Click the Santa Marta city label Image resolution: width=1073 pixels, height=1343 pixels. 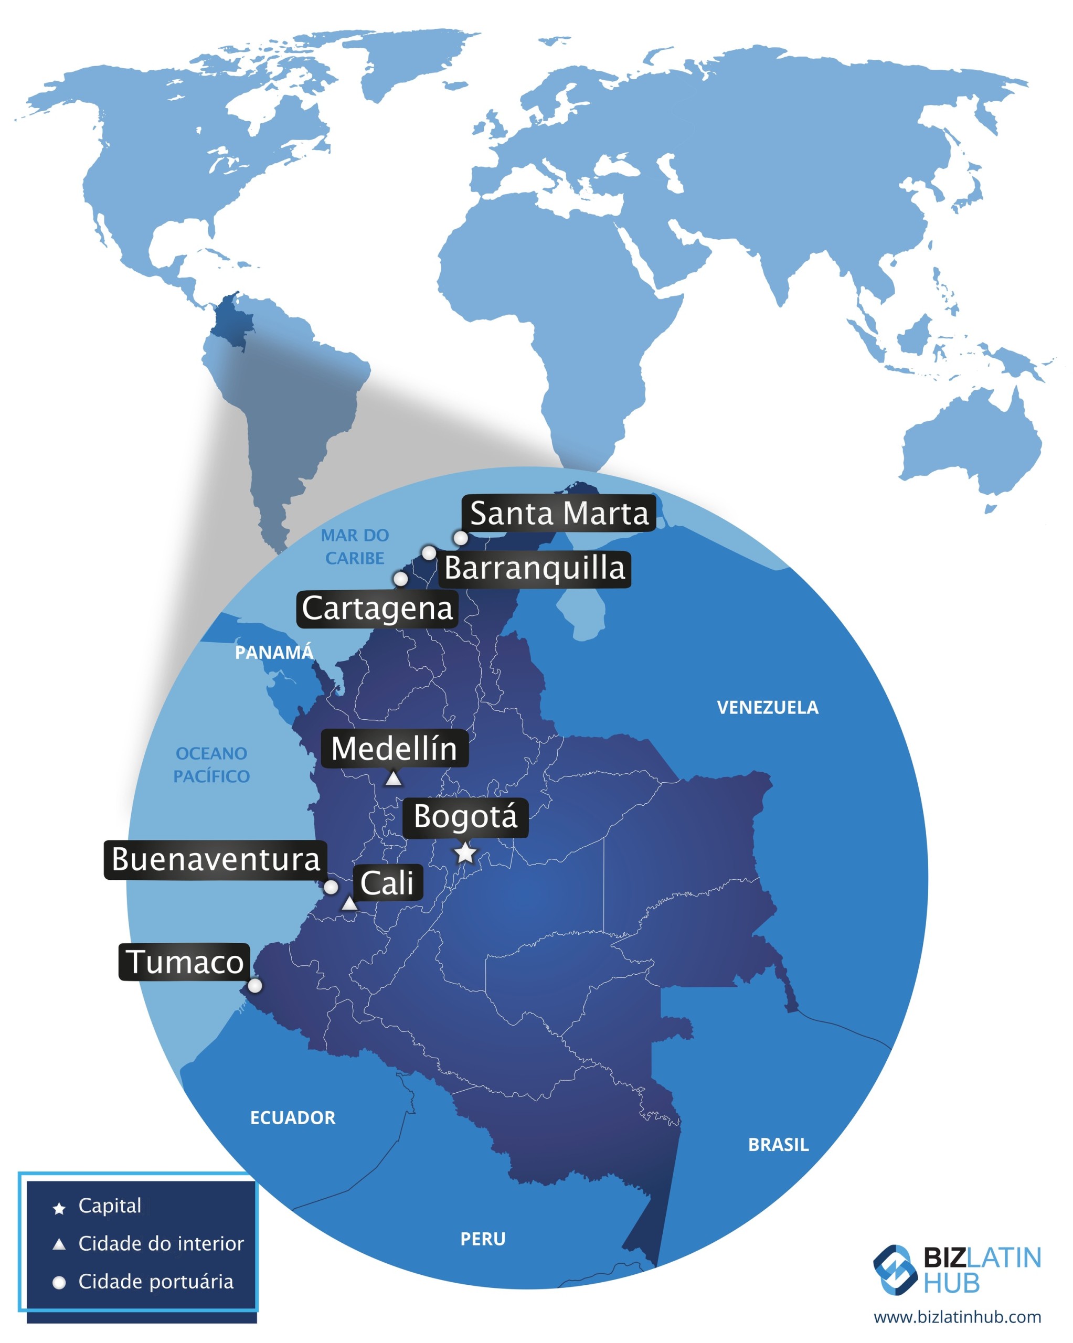tap(558, 513)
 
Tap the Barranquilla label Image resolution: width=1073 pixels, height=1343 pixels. tap(535, 569)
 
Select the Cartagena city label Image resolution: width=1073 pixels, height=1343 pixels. tap(377, 609)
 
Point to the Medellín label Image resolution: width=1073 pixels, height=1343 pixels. tap(394, 748)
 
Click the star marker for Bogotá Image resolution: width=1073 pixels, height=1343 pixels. tap(465, 854)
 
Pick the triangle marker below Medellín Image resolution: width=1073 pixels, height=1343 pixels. tap(392, 779)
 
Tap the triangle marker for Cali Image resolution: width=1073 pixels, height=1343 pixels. tap(349, 903)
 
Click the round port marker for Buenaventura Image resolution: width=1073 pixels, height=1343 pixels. tap(331, 887)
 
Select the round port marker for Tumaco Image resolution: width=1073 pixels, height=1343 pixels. tap(255, 985)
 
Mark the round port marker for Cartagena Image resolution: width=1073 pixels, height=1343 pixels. tap(401, 579)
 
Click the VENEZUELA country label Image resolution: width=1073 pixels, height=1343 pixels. tap(767, 708)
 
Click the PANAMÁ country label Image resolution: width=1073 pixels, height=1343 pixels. tap(273, 652)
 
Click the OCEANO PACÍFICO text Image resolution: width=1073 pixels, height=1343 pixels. tap(211, 765)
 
